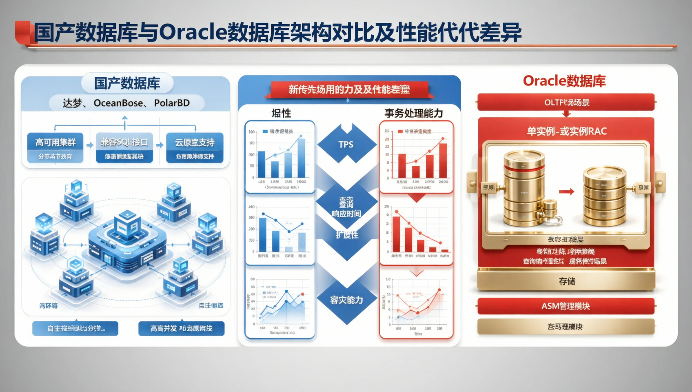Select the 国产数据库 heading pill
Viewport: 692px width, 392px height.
[x=127, y=83]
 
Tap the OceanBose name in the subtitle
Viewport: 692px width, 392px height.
[x=118, y=103]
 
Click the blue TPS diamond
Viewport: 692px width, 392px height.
[x=346, y=144]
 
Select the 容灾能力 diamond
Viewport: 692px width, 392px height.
[x=346, y=300]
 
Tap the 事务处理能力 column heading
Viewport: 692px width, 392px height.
[x=413, y=113]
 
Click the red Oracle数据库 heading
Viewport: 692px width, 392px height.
[x=564, y=81]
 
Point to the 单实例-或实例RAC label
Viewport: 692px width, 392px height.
[x=566, y=131]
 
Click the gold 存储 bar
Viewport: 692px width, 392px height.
[x=566, y=281]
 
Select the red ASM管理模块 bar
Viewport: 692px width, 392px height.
[x=566, y=306]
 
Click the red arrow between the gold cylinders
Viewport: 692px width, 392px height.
[x=566, y=191]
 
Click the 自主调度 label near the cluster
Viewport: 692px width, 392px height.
[x=211, y=305]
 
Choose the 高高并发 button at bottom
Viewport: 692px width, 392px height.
[x=181, y=328]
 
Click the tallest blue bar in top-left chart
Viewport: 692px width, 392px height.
[x=301, y=157]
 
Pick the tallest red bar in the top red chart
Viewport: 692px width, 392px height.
[x=443, y=160]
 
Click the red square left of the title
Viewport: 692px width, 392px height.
[x=23, y=32]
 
